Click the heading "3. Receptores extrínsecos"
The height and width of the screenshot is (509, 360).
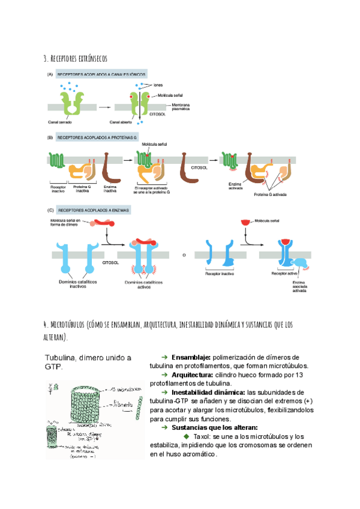pyautogui.click(x=75, y=58)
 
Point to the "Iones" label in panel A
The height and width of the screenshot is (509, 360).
pyautogui.click(x=158, y=85)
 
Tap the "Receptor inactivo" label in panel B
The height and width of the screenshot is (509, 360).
pyautogui.click(x=58, y=189)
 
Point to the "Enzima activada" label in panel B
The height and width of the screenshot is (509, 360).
pyautogui.click(x=235, y=187)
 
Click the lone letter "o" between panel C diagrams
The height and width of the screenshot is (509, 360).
pyautogui.click(x=184, y=254)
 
